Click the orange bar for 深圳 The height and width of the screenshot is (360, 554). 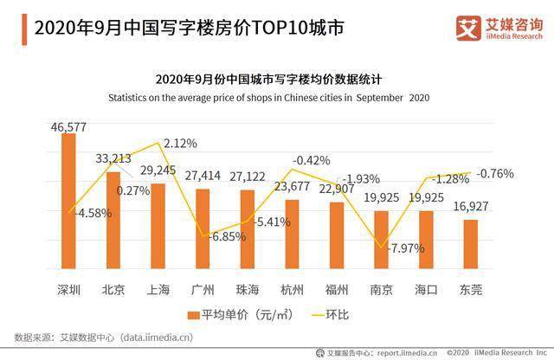(68, 201)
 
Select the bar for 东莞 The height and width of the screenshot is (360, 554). (471, 244)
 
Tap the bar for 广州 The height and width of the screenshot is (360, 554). (203, 229)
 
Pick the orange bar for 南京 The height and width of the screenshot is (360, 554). (381, 240)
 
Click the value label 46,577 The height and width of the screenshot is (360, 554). (68, 127)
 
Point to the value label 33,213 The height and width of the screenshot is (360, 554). (113, 158)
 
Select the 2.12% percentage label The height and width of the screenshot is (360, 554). (180, 144)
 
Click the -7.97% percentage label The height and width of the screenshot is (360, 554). (406, 248)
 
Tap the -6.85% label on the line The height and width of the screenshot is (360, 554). (227, 236)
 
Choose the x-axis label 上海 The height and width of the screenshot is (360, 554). (158, 290)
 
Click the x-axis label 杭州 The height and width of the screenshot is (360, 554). (292, 290)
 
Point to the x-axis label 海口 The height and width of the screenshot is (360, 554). (426, 290)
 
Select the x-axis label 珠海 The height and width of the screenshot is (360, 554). (248, 290)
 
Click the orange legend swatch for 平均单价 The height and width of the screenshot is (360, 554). (193, 315)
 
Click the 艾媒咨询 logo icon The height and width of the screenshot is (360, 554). (468, 29)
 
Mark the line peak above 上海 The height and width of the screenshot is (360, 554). (158, 143)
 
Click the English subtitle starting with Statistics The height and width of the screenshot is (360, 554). (269, 98)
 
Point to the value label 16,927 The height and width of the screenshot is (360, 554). (471, 206)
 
